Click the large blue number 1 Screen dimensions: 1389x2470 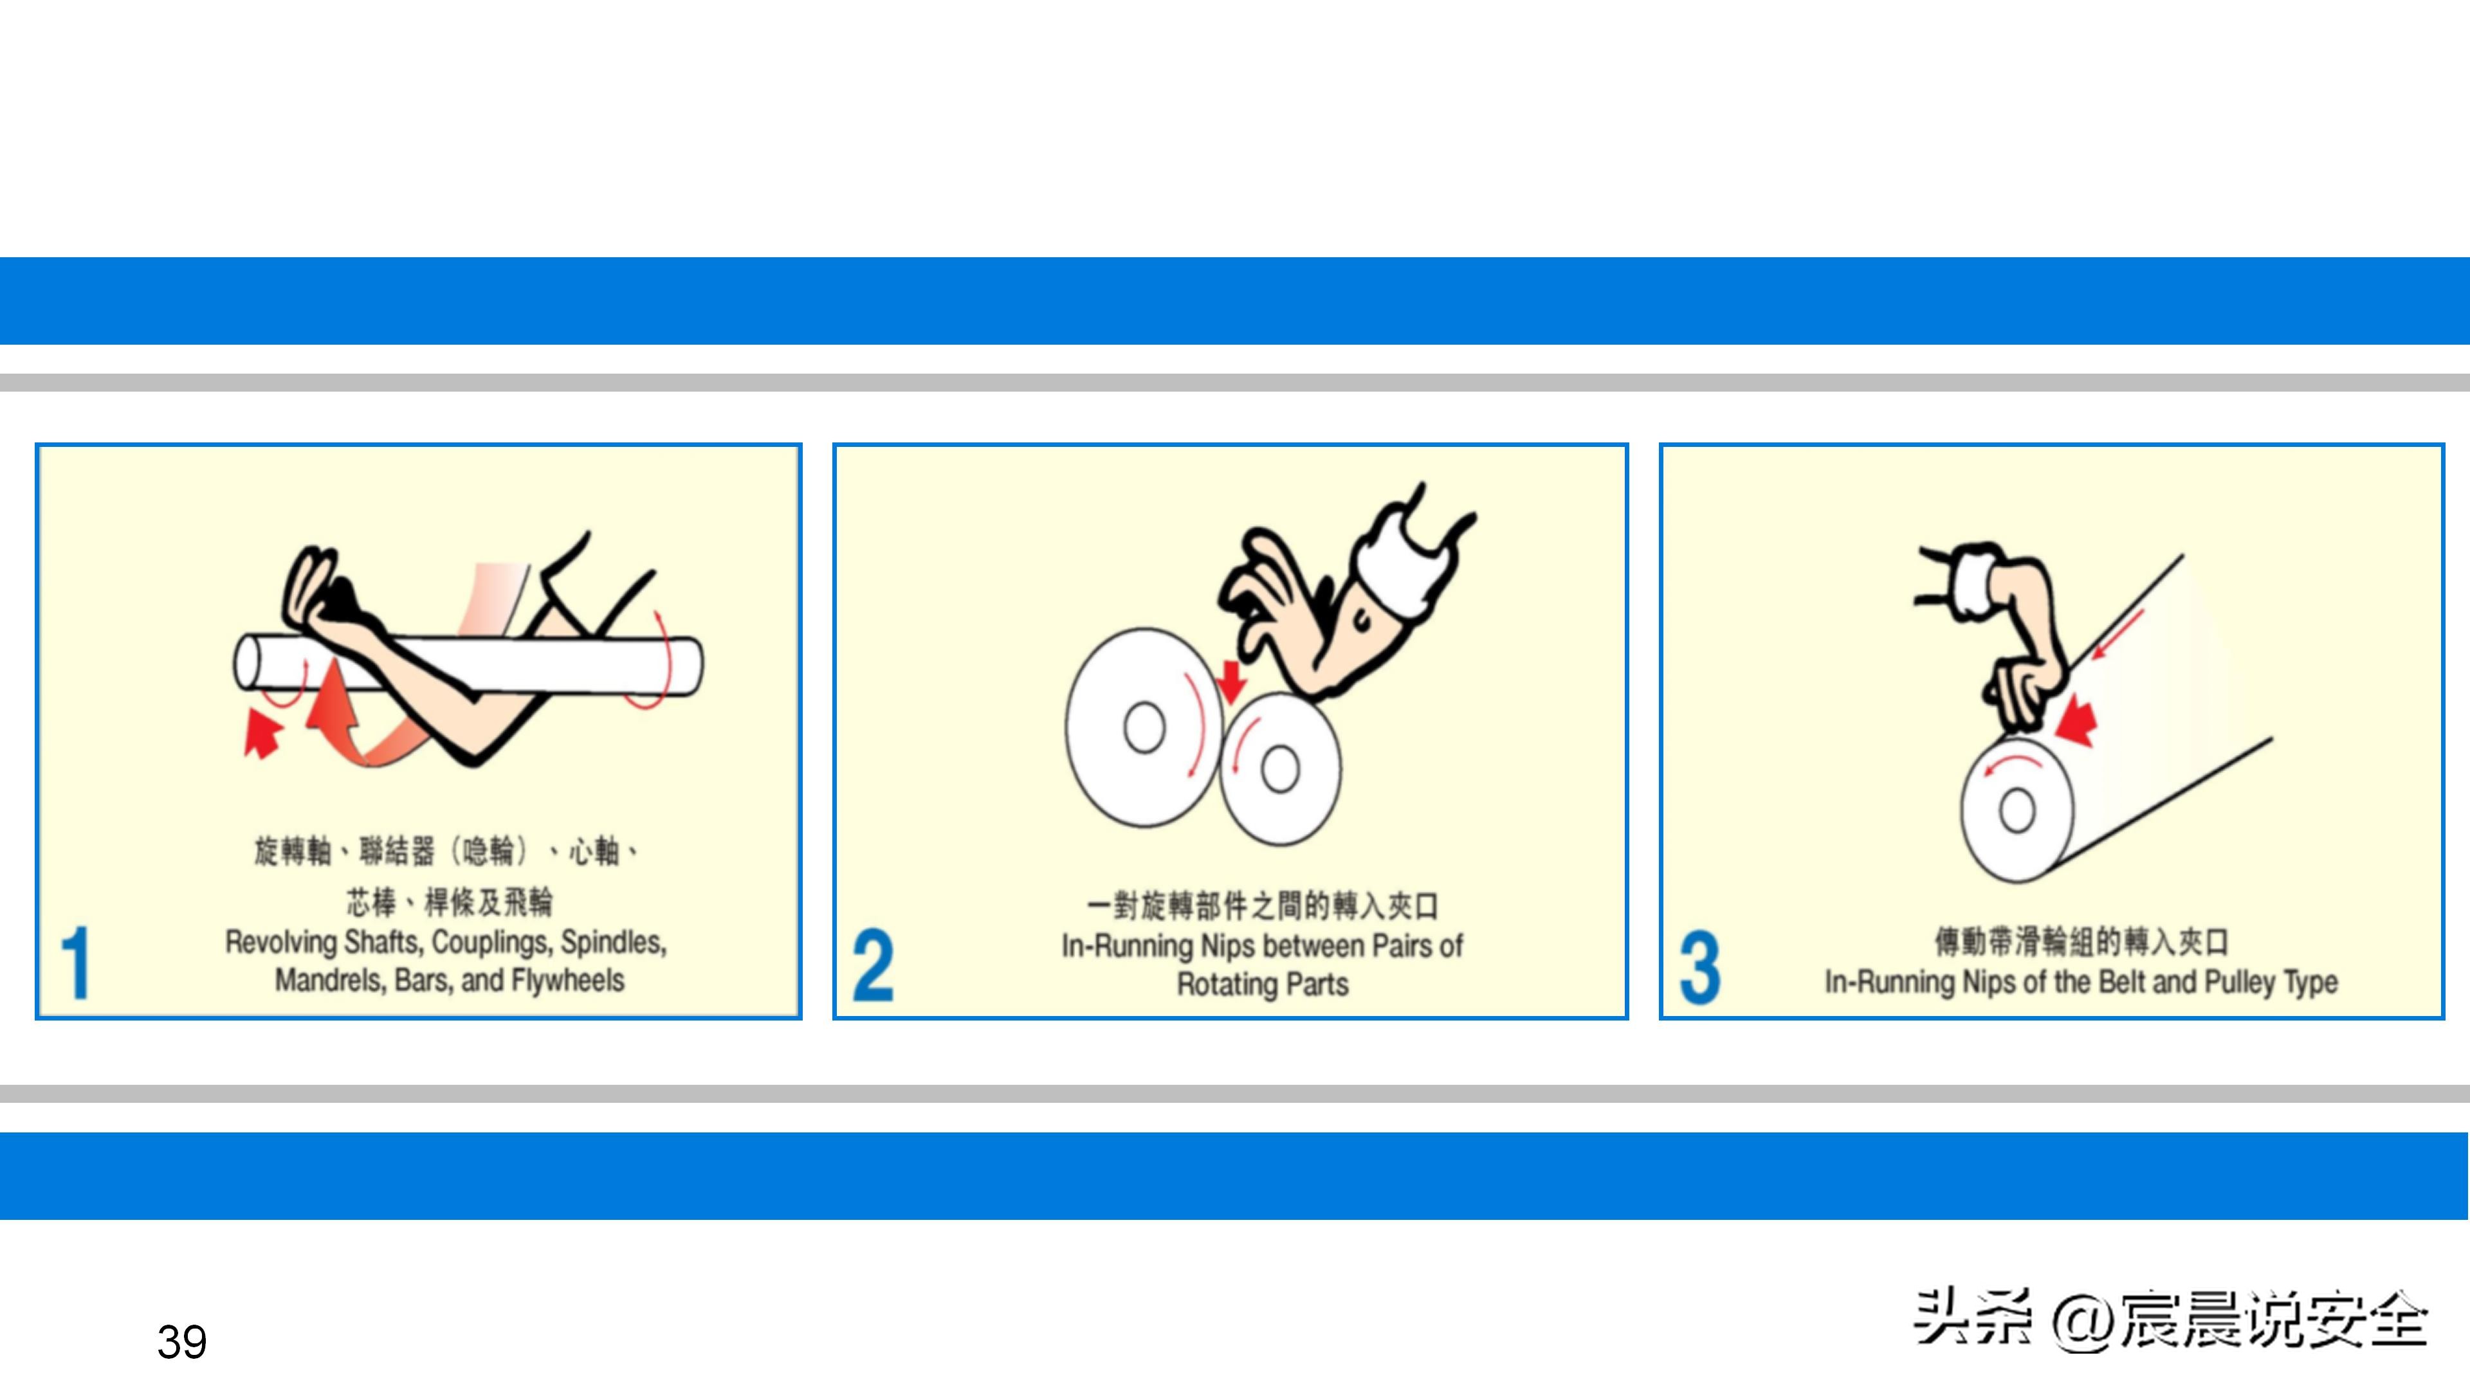click(x=75, y=963)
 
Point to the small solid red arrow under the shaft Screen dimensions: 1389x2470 click(x=262, y=733)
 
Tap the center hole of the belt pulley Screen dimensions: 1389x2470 click(x=2017, y=811)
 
